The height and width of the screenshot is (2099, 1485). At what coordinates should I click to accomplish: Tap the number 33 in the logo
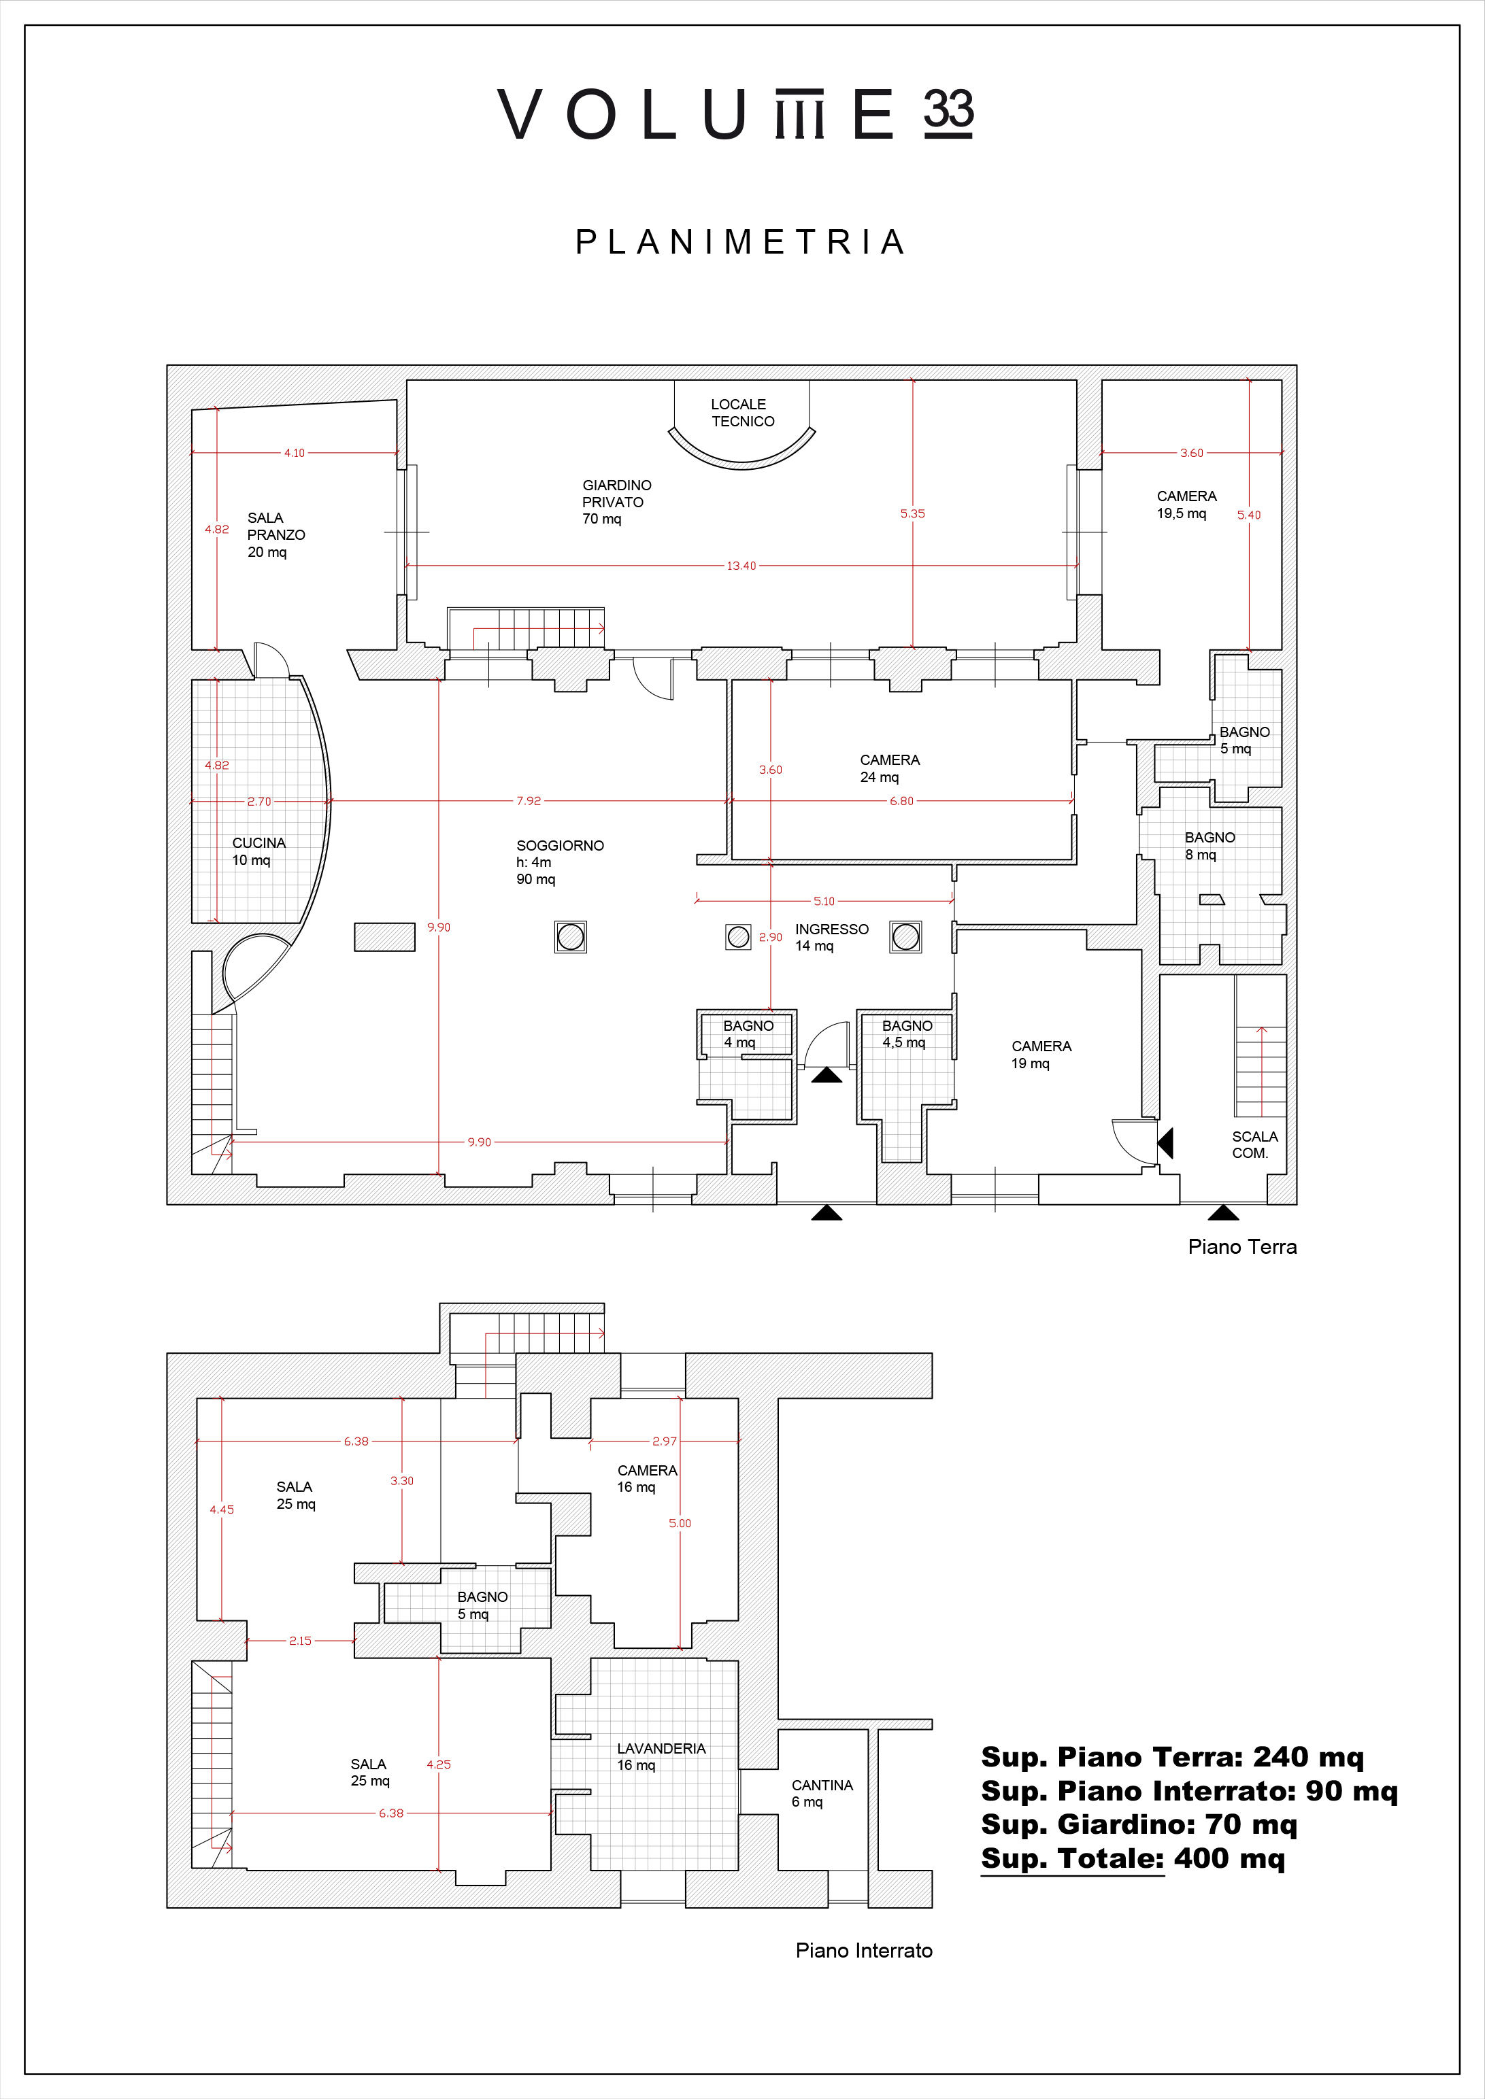[x=948, y=111]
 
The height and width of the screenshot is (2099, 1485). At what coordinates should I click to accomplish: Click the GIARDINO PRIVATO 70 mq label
[x=617, y=502]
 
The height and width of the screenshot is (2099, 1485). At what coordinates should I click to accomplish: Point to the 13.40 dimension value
[x=741, y=566]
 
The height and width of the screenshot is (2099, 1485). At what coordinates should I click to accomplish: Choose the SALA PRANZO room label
[x=276, y=535]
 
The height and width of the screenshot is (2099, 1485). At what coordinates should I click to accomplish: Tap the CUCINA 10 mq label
[x=258, y=851]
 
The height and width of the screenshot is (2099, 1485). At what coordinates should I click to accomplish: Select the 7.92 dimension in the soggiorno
[x=529, y=801]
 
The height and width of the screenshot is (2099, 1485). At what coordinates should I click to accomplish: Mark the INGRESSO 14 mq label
[x=831, y=937]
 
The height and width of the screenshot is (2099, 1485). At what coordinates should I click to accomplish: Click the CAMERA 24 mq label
[x=890, y=768]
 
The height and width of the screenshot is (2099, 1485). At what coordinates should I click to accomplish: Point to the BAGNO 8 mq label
[x=1209, y=846]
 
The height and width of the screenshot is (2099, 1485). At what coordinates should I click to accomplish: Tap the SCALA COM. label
[x=1254, y=1144]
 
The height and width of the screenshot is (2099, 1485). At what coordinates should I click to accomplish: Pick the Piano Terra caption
[x=1241, y=1247]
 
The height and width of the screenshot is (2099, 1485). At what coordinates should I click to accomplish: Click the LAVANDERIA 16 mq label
[x=661, y=1756]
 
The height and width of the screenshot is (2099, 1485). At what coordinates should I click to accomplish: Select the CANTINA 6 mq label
[x=822, y=1793]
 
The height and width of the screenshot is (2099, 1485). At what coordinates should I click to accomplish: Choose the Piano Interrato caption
[x=864, y=1951]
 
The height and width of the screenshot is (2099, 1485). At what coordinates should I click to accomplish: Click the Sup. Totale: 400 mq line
[x=1133, y=1858]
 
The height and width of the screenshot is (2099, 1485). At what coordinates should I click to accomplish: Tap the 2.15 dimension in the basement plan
[x=300, y=1641]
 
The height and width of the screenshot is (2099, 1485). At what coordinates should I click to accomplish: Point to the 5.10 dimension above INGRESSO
[x=824, y=902]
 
